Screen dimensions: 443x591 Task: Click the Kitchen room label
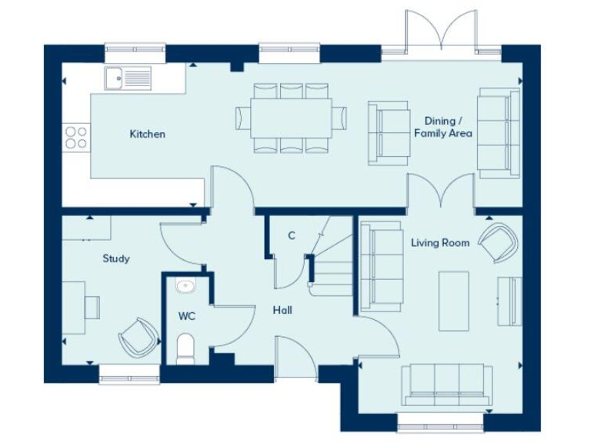[147, 134]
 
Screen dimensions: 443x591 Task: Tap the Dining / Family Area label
[442, 127]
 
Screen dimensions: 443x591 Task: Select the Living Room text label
[439, 243]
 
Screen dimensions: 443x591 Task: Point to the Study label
[116, 258]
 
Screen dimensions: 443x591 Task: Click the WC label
[186, 315]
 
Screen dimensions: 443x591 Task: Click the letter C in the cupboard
[292, 235]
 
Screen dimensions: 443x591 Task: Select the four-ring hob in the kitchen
[75, 137]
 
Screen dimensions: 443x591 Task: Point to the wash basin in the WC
[185, 287]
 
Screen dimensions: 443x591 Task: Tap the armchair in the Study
[139, 336]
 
